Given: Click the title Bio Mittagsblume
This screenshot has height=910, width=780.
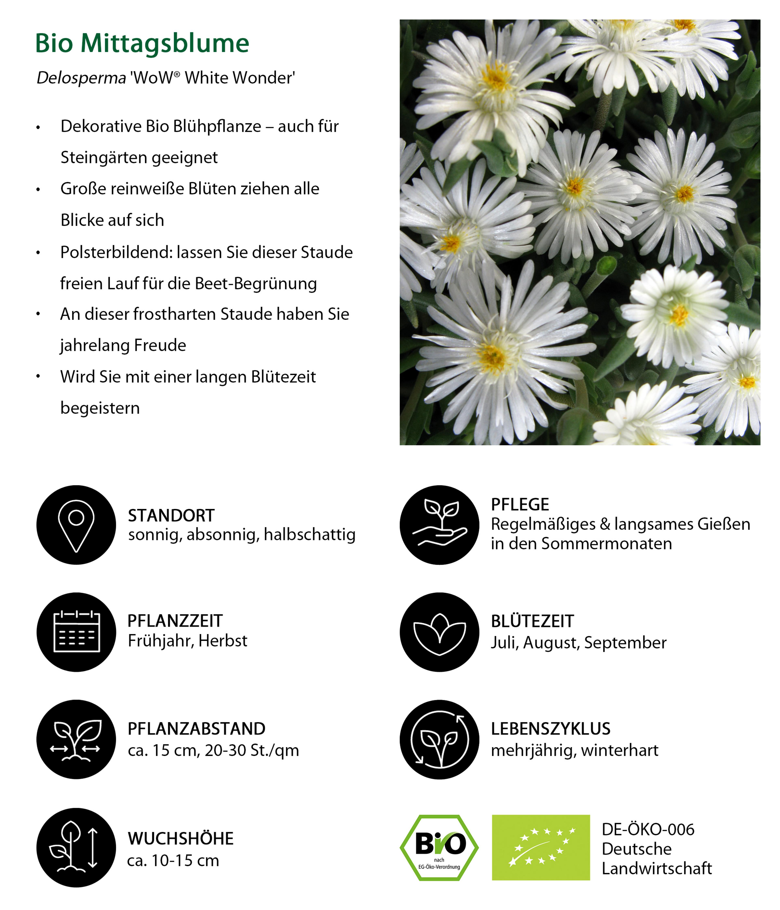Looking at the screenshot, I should [142, 43].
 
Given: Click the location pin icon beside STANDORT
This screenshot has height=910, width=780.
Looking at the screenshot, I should [76, 525].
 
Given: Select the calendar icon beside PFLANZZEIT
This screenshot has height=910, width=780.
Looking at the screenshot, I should [76, 632].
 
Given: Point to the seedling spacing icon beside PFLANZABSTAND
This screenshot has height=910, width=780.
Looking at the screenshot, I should [76, 740].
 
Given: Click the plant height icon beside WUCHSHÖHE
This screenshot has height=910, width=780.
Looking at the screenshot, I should [76, 848].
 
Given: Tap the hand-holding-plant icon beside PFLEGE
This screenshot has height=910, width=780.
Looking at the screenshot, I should [439, 525].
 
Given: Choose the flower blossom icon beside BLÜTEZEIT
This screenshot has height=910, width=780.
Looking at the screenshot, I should [439, 632].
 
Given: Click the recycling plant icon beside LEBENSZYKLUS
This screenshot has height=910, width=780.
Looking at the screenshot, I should [439, 740].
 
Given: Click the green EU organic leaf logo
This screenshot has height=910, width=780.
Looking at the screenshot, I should [541, 848].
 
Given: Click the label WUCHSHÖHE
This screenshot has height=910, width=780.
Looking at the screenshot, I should [181, 839].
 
